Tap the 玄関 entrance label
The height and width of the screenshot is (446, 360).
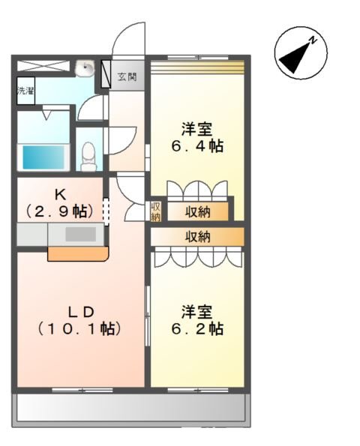[x=127, y=76]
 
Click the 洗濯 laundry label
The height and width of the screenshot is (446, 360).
[x=25, y=91]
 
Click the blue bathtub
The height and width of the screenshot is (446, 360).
[x=45, y=157]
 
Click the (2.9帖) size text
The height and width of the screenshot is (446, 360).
[x=60, y=212]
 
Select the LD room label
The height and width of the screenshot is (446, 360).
[x=79, y=310]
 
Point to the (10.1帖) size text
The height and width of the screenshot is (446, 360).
[x=79, y=328]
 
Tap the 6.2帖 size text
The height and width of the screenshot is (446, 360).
[x=196, y=328]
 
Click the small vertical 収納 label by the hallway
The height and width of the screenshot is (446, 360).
[x=156, y=211]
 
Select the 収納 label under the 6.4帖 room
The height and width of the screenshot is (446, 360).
[x=198, y=211]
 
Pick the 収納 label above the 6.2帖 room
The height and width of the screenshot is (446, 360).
[x=198, y=237]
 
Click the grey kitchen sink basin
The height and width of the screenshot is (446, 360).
[x=79, y=234]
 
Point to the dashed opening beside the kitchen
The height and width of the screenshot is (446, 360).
[x=106, y=210]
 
